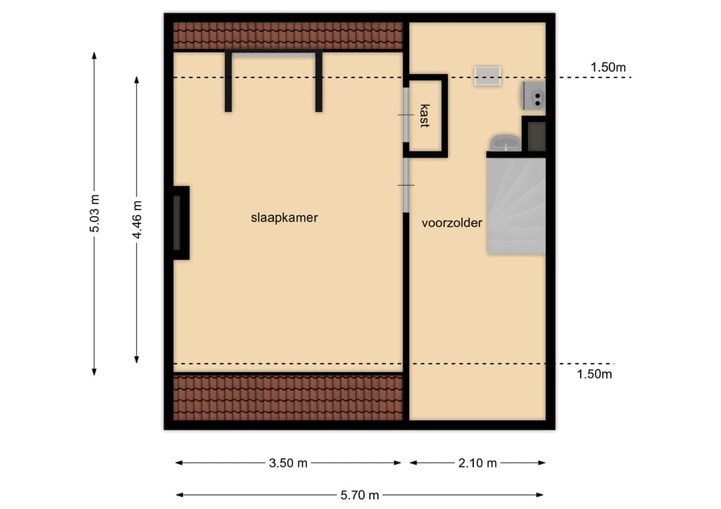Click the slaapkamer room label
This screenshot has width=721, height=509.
[284, 217]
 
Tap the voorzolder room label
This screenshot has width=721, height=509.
[452, 223]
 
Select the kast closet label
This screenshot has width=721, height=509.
[425, 115]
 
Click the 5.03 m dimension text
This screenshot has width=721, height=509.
[94, 213]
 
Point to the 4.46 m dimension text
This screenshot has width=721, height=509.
[137, 219]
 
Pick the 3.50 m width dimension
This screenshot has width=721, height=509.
[288, 463]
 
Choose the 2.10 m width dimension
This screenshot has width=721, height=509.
[477, 463]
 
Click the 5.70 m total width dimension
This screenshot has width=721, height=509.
[360, 495]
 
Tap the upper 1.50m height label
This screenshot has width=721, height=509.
[608, 67]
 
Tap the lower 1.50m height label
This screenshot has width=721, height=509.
[594, 374]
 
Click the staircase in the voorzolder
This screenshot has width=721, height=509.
[516, 206]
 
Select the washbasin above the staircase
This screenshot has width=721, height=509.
[505, 143]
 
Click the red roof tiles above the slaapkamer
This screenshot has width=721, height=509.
[288, 36]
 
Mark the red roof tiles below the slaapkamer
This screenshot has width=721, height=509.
[288, 398]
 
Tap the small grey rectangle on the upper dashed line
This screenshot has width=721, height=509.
[487, 76]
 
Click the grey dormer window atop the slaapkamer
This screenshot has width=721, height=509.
[274, 55]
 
